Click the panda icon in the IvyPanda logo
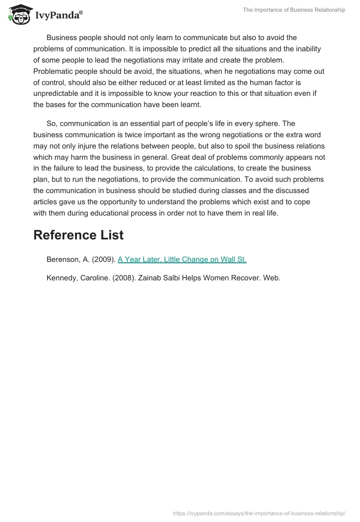(x=18, y=15)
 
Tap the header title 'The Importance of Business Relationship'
(x=294, y=10)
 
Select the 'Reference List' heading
(x=78, y=234)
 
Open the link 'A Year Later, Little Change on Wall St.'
(x=182, y=259)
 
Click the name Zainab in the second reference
(x=149, y=278)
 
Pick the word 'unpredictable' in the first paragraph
(x=55, y=94)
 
